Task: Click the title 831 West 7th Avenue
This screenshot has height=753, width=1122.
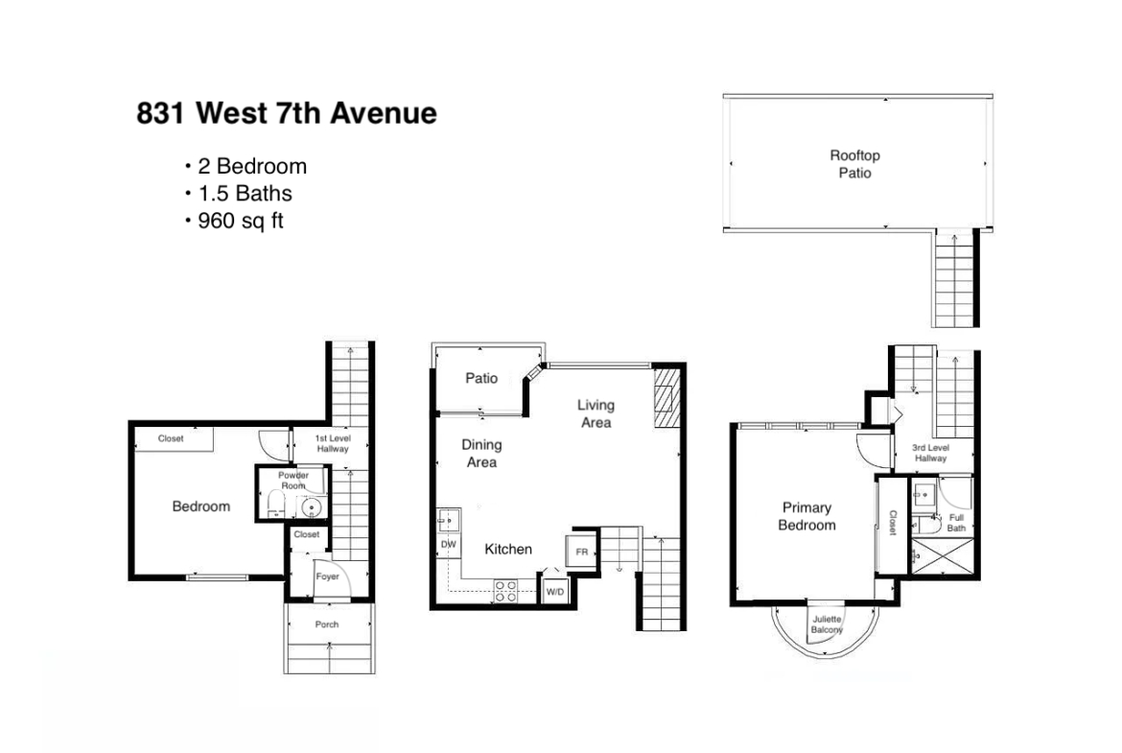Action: point(286,113)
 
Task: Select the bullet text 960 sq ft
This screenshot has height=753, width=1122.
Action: point(241,221)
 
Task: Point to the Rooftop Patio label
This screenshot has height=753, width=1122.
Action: point(854,164)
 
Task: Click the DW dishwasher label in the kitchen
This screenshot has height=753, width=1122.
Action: point(448,545)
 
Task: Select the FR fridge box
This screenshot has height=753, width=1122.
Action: point(582,552)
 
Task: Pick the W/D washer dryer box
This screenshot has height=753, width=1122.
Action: point(554,591)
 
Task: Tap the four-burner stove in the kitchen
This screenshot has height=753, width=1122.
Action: point(506,591)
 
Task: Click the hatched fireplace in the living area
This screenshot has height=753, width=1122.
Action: point(665,398)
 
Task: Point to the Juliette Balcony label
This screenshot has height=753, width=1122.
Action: point(827,624)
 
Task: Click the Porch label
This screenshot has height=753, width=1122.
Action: point(327,624)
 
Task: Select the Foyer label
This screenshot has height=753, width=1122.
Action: point(327,577)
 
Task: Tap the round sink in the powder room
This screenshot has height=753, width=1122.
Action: point(311,508)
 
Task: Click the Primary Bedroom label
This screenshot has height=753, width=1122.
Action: point(806,516)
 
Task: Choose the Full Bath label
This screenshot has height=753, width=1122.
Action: point(957,523)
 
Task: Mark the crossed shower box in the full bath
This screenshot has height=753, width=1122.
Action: point(942,557)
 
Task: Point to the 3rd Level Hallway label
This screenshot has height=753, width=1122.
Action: point(930,453)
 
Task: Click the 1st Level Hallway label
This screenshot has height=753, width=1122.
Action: point(333,443)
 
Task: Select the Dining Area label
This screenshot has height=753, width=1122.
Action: point(481,453)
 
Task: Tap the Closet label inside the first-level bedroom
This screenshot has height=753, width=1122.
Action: point(171,438)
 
